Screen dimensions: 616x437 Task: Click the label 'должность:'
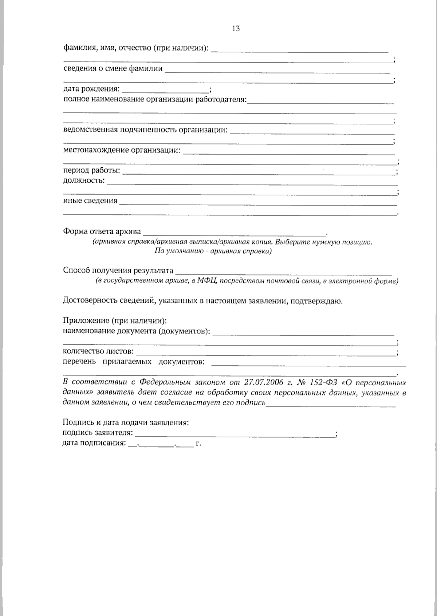point(84,180)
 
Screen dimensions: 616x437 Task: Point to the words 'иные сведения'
point(90,201)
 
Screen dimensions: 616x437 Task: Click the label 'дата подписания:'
point(94,444)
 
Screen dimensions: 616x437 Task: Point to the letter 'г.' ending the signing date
point(198,444)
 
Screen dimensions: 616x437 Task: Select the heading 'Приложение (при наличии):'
point(115,321)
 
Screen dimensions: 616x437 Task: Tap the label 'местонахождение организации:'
point(122,150)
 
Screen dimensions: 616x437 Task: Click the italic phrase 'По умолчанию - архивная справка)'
point(213,251)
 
